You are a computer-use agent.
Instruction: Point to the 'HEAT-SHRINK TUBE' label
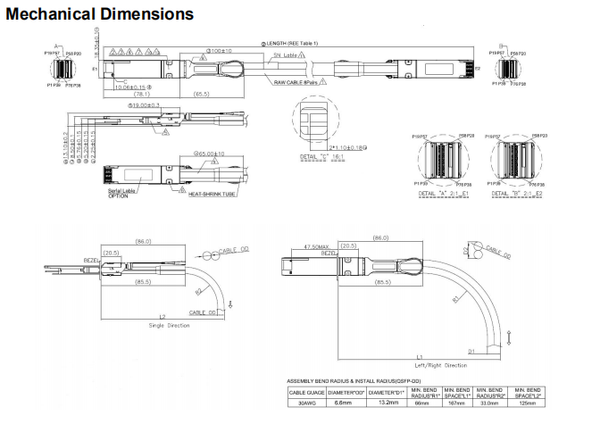[x=212, y=193]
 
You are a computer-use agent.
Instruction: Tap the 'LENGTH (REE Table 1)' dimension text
[x=291, y=43]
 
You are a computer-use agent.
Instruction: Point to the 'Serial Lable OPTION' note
[x=123, y=193]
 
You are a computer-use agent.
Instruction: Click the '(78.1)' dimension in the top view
[x=141, y=94]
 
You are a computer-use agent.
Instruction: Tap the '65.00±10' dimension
[x=211, y=154]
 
